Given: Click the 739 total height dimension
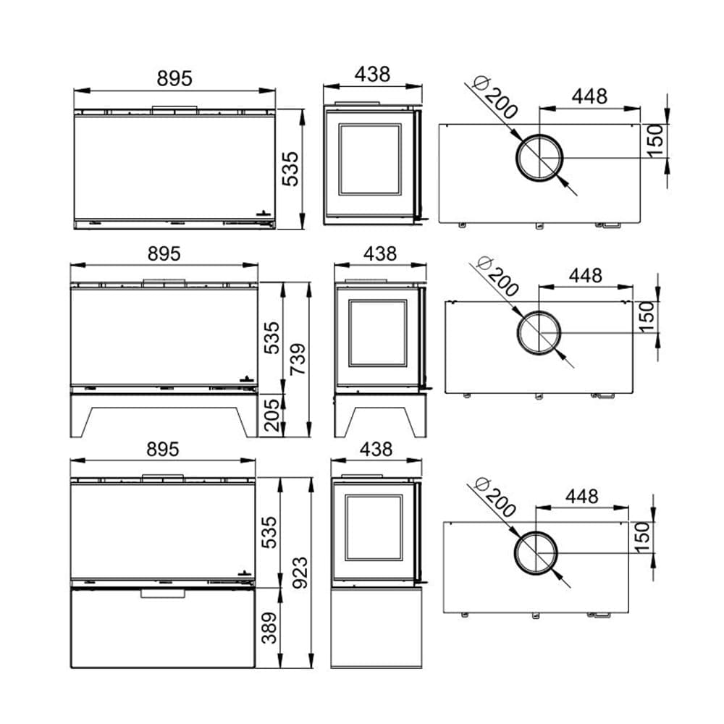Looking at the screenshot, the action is click(298, 359).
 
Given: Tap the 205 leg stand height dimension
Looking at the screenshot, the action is click(271, 415).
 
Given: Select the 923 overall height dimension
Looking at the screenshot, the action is click(300, 573).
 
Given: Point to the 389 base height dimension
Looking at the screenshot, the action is click(269, 628).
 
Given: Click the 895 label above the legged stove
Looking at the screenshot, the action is click(164, 253).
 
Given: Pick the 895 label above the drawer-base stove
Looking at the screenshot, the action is click(162, 449).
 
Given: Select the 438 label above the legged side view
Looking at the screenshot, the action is click(380, 253).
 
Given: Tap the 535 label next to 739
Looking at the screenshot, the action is click(271, 338).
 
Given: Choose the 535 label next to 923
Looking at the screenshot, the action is click(269, 532).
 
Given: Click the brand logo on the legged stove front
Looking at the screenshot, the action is click(247, 379).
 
